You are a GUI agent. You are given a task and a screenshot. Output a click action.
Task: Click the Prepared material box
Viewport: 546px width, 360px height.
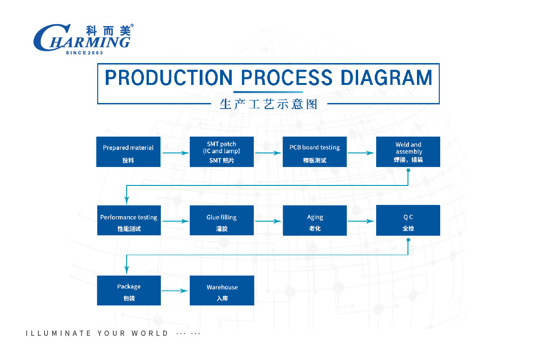coord(128,152)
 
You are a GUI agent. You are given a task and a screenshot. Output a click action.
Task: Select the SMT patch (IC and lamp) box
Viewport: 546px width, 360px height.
coord(222,152)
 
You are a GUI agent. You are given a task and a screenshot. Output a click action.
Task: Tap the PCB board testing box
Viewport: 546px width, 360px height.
coord(315,152)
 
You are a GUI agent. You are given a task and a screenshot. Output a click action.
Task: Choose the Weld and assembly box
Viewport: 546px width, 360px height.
coord(408,152)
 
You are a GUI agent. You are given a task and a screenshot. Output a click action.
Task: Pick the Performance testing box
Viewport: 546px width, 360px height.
coord(129,221)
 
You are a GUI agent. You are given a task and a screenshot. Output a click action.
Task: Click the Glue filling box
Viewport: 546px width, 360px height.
coord(222,221)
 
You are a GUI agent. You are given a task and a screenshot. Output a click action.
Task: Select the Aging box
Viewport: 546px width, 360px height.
coord(315,221)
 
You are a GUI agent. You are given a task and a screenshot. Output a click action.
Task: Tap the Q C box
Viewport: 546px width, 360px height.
coord(408,221)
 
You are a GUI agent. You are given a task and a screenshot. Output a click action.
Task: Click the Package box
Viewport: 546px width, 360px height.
coord(129,290)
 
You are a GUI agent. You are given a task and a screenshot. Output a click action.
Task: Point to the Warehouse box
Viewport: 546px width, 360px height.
coord(222,290)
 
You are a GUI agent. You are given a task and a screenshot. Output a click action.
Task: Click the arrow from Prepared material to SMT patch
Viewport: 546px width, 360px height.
coord(176,153)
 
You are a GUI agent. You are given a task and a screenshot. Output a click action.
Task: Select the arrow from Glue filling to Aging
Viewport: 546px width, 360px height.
coord(268,221)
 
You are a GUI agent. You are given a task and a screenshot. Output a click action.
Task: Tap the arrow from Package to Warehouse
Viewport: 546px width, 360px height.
coord(175,291)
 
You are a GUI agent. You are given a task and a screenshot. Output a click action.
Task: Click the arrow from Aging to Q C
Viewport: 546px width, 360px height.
coord(361,221)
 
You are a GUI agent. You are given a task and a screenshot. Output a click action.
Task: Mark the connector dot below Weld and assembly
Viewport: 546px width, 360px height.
coord(408,170)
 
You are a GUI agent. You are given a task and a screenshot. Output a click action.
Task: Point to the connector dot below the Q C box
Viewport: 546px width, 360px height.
coord(408,240)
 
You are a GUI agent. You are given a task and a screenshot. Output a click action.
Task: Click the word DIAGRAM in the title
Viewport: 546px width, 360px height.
coord(386,77)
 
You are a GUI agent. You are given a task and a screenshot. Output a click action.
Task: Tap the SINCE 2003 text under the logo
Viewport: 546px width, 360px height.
coord(84,53)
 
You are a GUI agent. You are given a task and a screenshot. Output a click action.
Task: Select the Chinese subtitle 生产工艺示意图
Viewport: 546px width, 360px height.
coord(268,104)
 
